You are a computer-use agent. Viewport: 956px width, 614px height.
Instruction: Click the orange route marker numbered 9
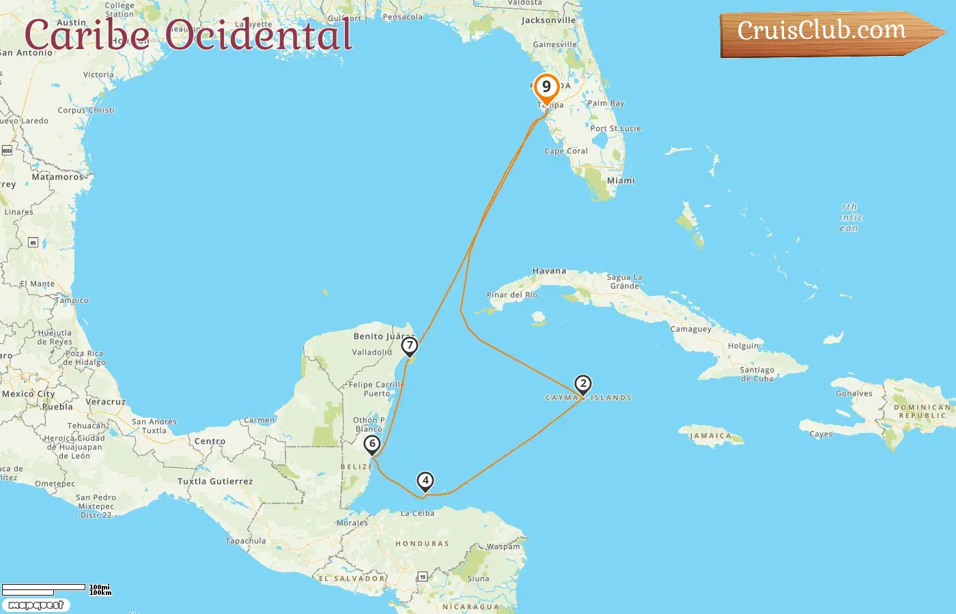point(546,87)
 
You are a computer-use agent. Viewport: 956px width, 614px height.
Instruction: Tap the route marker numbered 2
point(582,384)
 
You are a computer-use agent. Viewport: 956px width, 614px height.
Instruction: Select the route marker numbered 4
point(425,481)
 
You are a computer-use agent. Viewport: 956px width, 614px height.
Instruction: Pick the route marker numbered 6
point(372,444)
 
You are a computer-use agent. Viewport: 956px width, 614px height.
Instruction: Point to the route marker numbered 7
point(409,346)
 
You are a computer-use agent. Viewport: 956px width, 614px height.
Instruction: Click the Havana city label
point(549,271)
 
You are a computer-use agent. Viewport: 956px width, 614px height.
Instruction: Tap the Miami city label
point(621,181)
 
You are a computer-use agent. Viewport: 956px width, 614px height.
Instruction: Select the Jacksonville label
point(548,20)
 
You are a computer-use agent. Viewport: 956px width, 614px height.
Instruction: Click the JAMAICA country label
point(710,436)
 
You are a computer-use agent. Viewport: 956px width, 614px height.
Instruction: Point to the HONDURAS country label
point(422,544)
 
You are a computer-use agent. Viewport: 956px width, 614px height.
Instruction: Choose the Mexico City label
point(28,394)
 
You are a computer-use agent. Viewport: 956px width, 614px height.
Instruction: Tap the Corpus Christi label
point(86,110)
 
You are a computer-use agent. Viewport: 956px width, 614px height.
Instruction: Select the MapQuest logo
point(36,605)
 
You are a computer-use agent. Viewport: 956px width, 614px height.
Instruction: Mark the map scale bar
point(44,589)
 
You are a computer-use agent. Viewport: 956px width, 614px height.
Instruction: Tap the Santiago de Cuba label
point(757,374)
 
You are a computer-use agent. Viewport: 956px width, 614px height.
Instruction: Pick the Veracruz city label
point(106,402)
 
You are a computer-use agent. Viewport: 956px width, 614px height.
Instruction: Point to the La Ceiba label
point(417,513)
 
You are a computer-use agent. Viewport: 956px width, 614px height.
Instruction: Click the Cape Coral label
point(565,151)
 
